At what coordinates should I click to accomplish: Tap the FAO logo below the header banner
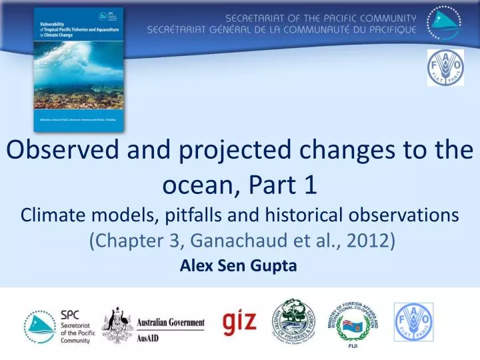[445, 67]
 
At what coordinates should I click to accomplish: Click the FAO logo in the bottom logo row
[413, 323]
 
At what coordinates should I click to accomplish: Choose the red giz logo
[239, 321]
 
